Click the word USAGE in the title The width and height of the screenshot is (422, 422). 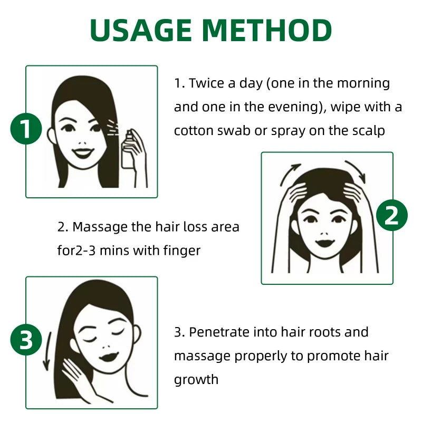coord(141,30)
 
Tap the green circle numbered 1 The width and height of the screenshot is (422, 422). coord(26,129)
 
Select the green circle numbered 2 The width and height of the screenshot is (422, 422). coord(391,215)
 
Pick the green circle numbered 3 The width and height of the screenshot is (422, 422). coord(26,340)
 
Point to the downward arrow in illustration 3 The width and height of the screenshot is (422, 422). coord(47,351)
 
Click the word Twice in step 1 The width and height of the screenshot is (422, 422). coord(207,83)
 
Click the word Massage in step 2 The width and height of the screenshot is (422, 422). coord(100,227)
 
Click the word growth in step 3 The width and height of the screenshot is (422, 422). coord(196,380)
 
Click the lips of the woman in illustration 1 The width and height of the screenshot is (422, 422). coord(83,153)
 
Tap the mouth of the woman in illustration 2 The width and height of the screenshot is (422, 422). coord(325,243)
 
